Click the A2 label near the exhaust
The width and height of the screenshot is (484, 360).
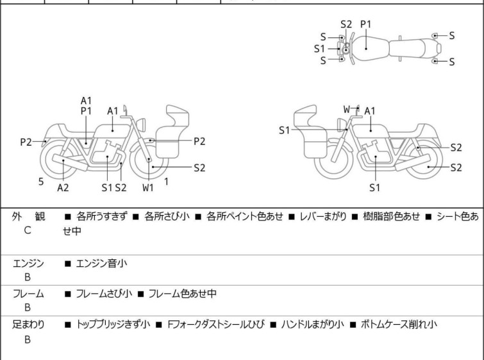63,187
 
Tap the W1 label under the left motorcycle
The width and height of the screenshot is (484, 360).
148,188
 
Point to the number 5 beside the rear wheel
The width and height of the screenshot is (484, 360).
41,182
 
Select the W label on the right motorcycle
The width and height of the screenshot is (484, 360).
347,110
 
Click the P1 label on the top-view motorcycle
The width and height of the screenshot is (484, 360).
366,24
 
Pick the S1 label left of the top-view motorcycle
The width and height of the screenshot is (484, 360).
319,48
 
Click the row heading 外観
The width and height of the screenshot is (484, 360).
28,216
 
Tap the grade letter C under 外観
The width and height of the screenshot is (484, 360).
28,230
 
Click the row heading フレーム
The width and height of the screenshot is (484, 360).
28,294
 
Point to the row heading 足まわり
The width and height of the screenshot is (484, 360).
28,325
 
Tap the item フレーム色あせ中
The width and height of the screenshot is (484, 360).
182,294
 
